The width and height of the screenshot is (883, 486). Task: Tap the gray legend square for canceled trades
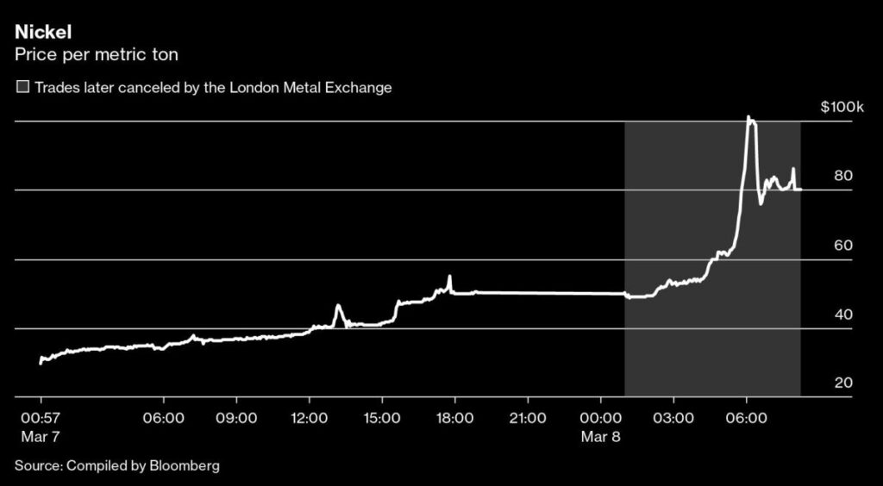[x=22, y=88]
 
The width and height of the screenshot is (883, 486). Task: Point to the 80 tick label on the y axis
[x=843, y=176]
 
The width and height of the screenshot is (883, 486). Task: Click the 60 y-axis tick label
[x=843, y=246]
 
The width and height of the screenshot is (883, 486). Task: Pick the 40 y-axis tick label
[x=843, y=315]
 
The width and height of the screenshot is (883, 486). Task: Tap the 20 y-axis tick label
[x=843, y=383]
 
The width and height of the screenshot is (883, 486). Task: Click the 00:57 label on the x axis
[x=41, y=418]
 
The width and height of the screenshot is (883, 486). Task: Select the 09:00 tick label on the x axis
[x=236, y=418]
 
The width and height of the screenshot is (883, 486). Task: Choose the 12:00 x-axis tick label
[x=310, y=418]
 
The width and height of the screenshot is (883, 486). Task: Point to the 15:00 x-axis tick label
[x=382, y=418]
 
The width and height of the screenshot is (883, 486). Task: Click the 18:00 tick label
[x=455, y=418]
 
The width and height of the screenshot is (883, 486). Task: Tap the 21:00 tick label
[x=528, y=418]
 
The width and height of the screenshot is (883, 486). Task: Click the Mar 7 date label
[x=40, y=437]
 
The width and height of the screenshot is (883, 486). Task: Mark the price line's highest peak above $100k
[x=748, y=117]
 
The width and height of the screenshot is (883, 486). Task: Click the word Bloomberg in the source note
[x=183, y=466]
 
